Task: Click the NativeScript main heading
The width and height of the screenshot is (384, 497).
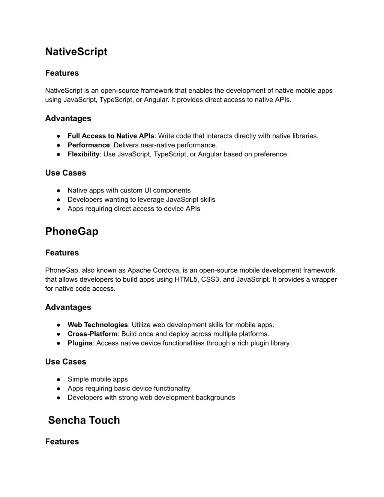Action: [76, 52]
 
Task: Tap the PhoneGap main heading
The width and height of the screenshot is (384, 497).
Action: [72, 231]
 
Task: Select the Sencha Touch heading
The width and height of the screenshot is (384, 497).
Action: [84, 420]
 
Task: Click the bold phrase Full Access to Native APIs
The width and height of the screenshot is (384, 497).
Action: [111, 136]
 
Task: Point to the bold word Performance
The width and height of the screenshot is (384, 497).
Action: [88, 145]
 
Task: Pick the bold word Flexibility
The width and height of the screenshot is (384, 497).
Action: [84, 154]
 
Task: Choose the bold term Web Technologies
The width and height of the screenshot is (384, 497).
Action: [97, 325]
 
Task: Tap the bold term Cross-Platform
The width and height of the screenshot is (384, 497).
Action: [92, 334]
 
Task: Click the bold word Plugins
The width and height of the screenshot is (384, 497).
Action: [80, 343]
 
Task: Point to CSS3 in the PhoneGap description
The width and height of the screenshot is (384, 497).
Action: [210, 279]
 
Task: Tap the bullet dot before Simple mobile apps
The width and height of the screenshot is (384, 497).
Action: [59, 379]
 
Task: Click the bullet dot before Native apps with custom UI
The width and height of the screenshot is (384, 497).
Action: [59, 191]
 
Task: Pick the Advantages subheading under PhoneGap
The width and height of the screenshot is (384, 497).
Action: [68, 307]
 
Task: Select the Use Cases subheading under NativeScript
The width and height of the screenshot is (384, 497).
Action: [66, 173]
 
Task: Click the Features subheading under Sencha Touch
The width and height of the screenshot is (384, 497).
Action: [62, 441]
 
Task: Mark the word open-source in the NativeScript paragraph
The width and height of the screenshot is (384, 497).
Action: [118, 90]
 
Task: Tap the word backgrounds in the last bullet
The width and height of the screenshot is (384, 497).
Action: [215, 398]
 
